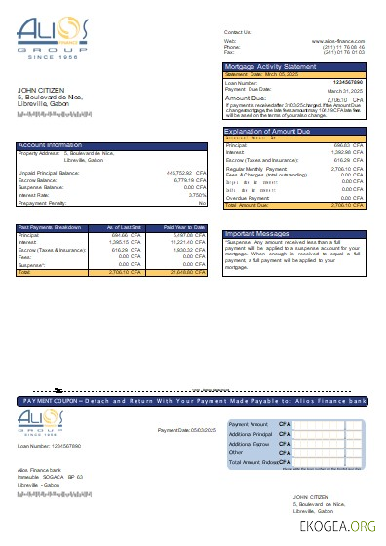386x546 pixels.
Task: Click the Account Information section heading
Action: coord(49,145)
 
